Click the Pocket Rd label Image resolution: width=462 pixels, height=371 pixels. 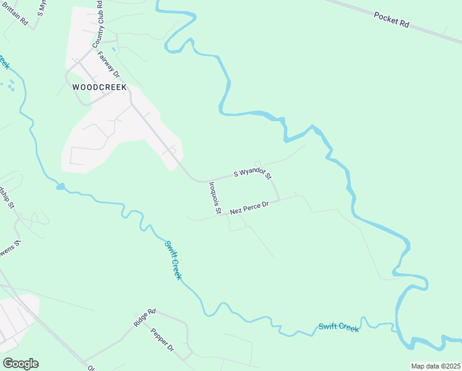(392, 19)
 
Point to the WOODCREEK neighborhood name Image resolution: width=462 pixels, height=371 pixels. (99, 88)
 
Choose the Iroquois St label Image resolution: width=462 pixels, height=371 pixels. (214, 197)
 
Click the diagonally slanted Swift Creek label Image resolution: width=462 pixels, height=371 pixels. (173, 260)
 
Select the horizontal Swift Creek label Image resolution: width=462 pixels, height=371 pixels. (338, 326)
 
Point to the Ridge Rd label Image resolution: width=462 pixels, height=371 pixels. (145, 318)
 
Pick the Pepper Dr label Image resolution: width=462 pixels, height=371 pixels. (162, 340)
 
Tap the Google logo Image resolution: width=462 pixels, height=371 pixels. (20, 364)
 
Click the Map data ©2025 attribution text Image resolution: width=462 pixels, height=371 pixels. (435, 366)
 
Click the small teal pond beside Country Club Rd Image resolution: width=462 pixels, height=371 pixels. (113, 48)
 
